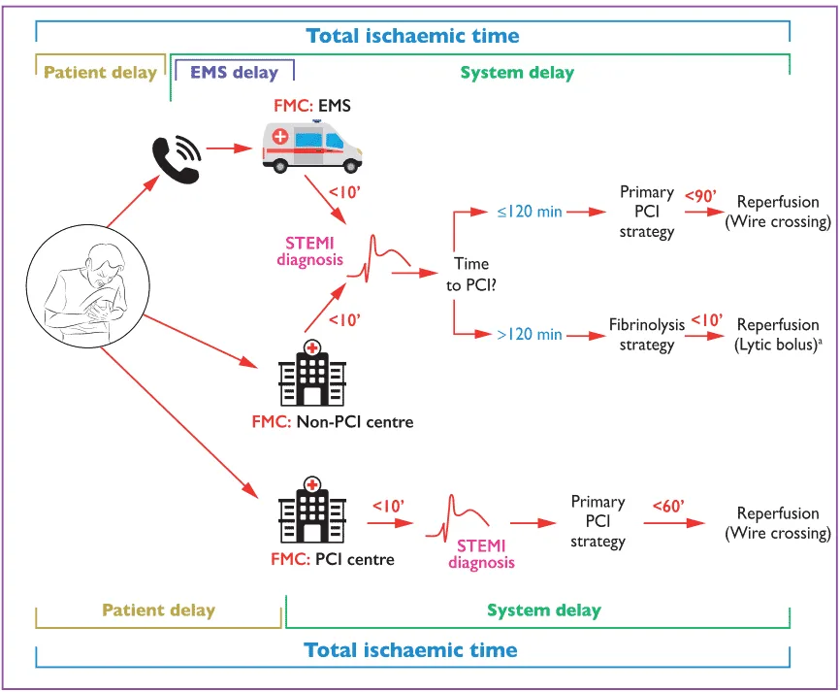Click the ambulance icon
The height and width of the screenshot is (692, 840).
point(312,147)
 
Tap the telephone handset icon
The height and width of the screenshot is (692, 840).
point(177,160)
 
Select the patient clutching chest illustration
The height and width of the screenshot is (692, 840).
point(88,286)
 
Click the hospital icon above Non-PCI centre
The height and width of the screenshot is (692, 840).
point(312,373)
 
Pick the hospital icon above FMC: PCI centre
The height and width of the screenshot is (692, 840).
point(312,510)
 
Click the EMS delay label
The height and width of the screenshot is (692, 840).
point(235,73)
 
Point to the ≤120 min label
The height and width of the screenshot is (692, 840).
point(530,212)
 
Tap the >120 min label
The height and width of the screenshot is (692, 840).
point(530,335)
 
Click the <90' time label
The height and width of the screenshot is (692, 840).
point(700,196)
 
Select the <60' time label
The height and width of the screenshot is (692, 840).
point(668,506)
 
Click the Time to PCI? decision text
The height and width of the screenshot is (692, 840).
point(471,275)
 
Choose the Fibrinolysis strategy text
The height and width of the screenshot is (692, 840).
point(647,335)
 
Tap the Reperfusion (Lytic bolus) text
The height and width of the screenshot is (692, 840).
point(778,335)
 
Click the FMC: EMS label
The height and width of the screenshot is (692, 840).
point(312,106)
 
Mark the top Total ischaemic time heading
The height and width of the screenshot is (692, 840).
point(412,36)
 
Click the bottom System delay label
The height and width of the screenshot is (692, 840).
point(544,610)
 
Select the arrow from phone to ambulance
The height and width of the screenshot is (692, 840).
point(229,148)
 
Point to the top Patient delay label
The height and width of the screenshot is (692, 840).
point(100,73)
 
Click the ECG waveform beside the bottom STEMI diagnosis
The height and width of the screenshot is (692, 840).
point(458,518)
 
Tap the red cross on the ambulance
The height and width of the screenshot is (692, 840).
point(280,137)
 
